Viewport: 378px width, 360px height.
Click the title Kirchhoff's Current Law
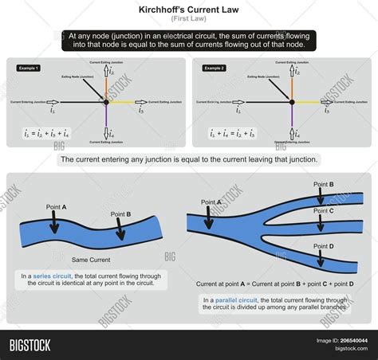click(188, 8)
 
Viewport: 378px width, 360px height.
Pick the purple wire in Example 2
click(292, 119)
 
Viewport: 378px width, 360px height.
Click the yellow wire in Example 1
click(123, 103)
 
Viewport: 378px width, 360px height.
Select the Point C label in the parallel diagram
click(323, 211)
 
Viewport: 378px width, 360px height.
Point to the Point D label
click(323, 246)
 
